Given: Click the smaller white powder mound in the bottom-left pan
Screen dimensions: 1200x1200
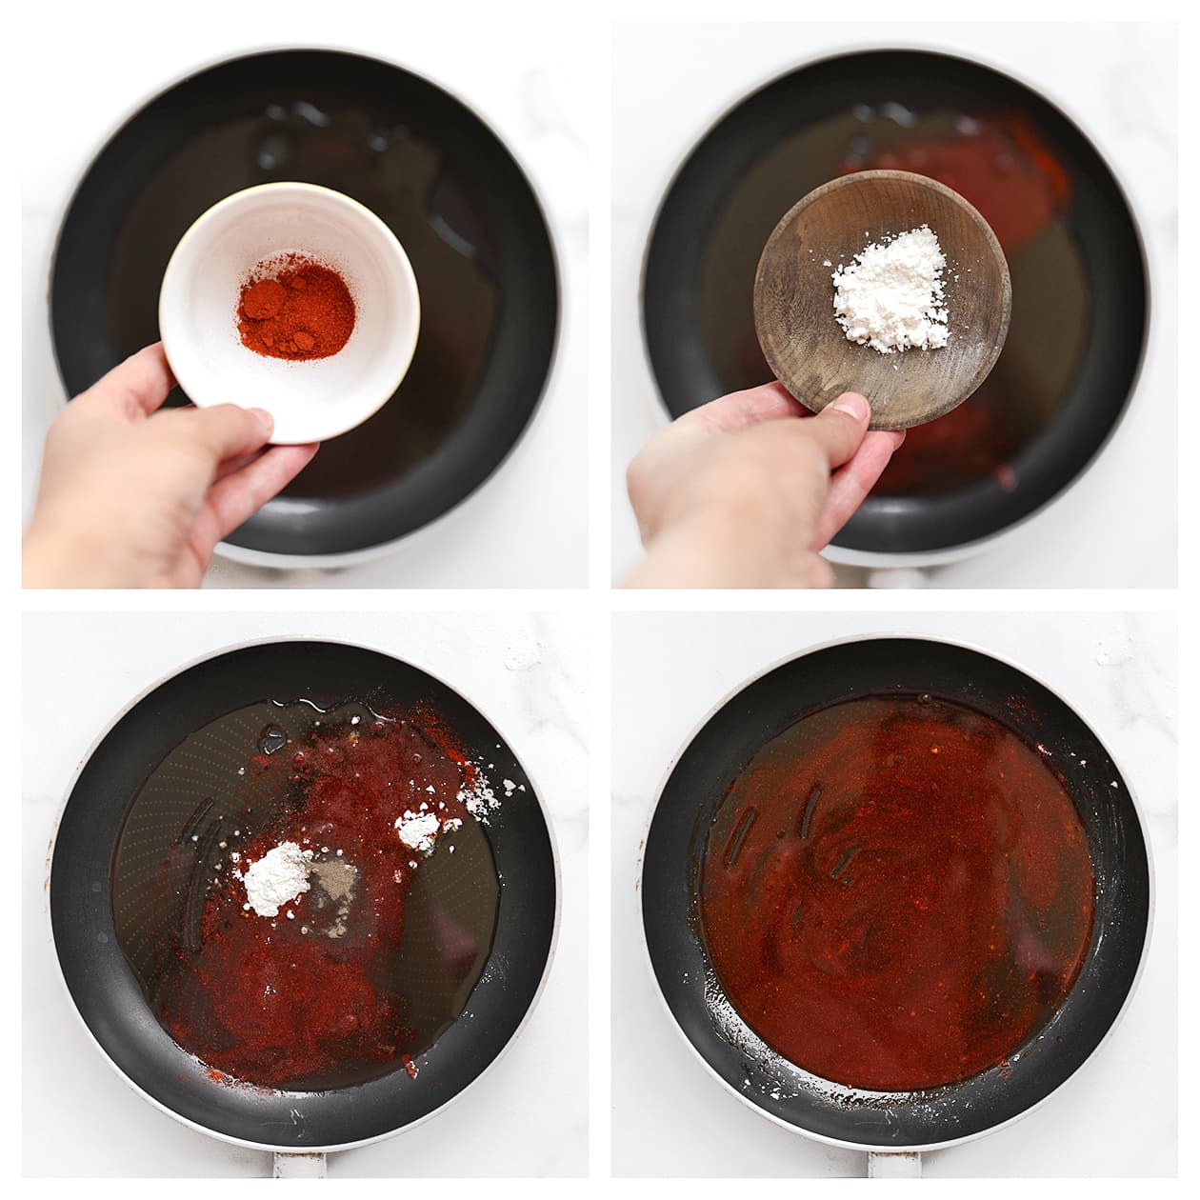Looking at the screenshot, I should tap(417, 830).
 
